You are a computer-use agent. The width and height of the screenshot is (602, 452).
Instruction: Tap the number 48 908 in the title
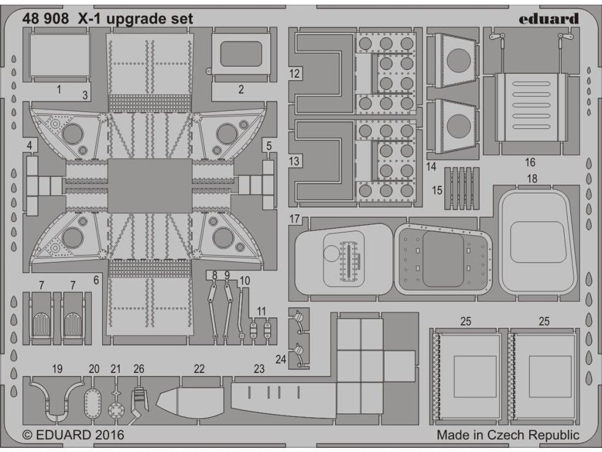(45, 18)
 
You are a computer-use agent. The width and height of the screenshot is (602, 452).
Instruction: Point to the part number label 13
(295, 161)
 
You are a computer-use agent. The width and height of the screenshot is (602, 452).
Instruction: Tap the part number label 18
(532, 178)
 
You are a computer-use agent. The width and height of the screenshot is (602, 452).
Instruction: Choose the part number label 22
(199, 368)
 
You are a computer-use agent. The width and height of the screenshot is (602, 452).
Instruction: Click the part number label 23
(259, 370)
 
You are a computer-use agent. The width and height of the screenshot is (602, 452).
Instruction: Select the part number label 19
(56, 369)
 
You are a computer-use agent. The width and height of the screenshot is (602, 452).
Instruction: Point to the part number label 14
(432, 167)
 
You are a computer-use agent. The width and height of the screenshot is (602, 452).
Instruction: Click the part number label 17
(295, 219)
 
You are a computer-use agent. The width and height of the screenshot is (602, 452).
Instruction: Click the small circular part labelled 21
(116, 409)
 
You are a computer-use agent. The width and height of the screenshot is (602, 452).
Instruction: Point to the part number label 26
(139, 369)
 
